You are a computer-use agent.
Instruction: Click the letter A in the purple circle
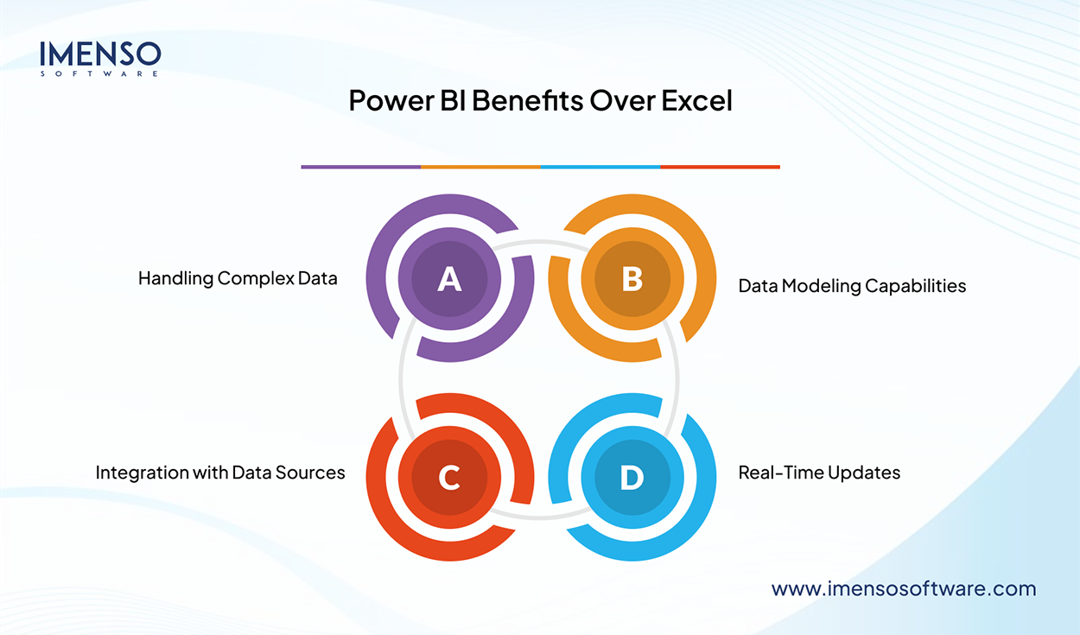pos(449,279)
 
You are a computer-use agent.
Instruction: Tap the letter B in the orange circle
pos(632,279)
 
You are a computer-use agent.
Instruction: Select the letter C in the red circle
pos(449,478)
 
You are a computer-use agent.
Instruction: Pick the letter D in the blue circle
pos(632,478)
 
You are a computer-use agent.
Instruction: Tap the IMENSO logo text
pos(100,54)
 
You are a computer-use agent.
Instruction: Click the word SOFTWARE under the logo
pos(100,74)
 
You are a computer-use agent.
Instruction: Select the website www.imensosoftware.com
pos(903,588)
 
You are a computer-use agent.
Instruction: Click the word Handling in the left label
pos(175,278)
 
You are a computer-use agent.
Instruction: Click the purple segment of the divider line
pos(360,167)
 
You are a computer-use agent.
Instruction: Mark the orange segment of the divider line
pos(480,167)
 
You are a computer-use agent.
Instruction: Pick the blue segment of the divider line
pos(600,167)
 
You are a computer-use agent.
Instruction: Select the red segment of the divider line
pos(720,167)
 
